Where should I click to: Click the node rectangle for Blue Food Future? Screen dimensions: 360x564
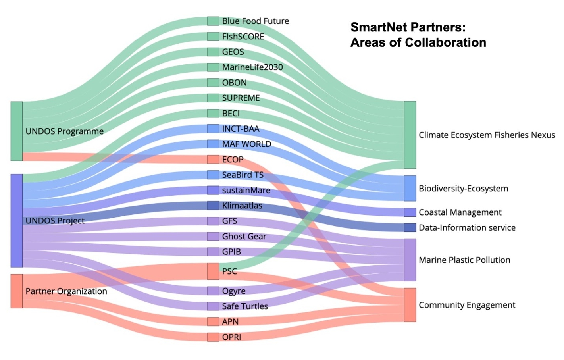point(213,21)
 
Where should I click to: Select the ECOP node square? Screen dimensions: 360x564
point(213,160)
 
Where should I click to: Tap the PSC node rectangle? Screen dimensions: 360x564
point(213,271)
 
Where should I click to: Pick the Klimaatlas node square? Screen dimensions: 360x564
point(213,206)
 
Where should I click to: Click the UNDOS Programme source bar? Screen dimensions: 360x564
point(17,131)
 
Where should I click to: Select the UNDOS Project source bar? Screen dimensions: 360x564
point(17,220)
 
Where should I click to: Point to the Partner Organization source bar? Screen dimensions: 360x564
point(17,291)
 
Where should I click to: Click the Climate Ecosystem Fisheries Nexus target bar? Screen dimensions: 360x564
point(410,135)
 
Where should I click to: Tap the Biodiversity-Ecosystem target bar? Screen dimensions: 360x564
point(410,188)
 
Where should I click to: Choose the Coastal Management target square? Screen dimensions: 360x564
point(410,212)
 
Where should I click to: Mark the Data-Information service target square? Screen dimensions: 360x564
point(410,227)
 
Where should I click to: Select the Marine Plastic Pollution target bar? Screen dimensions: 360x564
point(410,260)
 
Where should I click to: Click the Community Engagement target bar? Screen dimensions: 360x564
point(410,305)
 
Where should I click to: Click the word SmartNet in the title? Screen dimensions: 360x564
point(377,27)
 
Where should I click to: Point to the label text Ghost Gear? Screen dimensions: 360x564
point(244,237)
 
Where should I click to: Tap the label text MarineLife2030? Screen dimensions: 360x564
point(252,67)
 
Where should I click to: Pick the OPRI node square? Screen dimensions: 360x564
point(213,337)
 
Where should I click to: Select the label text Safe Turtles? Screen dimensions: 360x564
point(245,306)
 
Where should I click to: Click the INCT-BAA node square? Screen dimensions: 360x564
point(213,129)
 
